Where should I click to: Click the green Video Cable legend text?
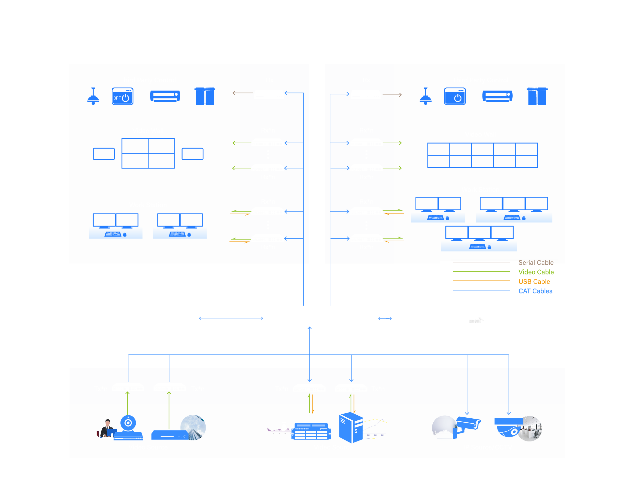536,272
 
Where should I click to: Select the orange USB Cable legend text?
534,281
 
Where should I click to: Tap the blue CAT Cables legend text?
535,291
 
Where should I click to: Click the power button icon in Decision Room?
123,96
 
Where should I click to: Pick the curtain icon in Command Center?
537,96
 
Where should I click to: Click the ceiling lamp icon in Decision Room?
93,96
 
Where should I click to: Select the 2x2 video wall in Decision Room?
148,153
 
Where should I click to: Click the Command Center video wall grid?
482,155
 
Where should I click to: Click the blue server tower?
350,428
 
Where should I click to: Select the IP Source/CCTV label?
487,447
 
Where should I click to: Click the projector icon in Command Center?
497,96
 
